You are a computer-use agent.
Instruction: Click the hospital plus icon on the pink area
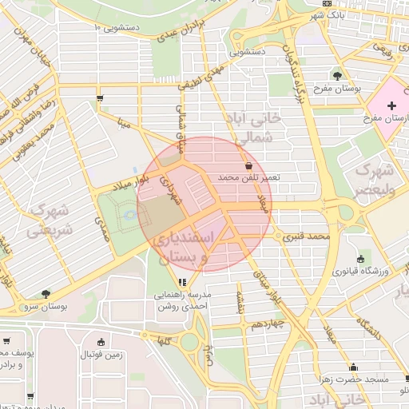tap(391, 105)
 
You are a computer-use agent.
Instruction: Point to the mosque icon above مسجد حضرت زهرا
tap(354, 367)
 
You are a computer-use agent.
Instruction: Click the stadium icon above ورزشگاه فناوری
tap(360, 259)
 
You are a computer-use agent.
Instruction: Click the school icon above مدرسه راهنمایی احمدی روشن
tap(183, 282)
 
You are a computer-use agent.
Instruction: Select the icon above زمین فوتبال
tap(100, 342)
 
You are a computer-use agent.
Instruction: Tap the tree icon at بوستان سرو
tap(46, 294)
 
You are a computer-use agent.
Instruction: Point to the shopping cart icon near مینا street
tap(99, 99)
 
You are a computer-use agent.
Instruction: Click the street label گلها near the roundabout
tap(165, 341)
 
